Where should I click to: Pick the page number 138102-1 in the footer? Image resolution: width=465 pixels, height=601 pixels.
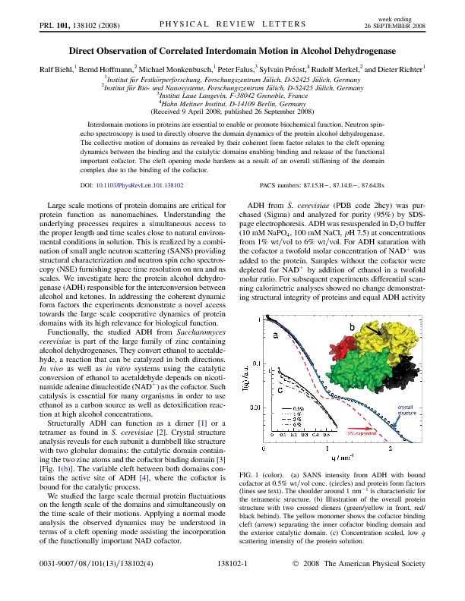[232, 586]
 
